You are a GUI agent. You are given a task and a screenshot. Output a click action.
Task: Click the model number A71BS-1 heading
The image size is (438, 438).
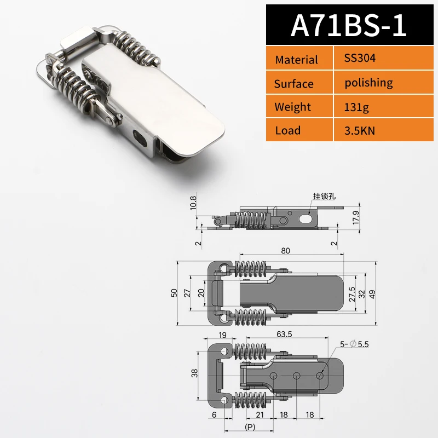(349, 25)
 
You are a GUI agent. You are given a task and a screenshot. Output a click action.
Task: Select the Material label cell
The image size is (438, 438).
(296, 60)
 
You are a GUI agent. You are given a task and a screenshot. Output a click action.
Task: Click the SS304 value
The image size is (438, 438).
(360, 58)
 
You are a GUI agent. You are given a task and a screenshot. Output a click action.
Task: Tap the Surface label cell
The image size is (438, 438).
(294, 84)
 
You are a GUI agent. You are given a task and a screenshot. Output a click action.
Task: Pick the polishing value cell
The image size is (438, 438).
(368, 83)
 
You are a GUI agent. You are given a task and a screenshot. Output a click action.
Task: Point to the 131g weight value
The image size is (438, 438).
(356, 107)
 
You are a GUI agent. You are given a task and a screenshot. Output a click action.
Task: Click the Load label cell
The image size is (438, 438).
(288, 130)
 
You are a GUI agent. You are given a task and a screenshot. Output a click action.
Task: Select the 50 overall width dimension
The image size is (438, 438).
(174, 293)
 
